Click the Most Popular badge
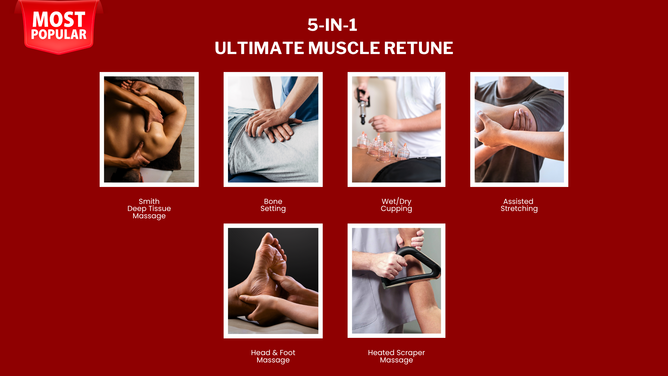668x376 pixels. coord(59,26)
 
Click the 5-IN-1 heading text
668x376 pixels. coord(332,25)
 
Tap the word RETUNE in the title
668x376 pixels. coord(419,48)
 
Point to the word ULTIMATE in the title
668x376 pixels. coord(259,48)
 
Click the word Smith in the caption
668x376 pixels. coord(149,201)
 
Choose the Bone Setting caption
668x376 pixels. coord(273,205)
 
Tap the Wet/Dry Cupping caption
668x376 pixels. coord(396,205)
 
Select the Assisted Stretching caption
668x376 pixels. coord(519,205)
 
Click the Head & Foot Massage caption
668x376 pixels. coord(273,356)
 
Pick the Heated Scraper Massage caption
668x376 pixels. coord(396,356)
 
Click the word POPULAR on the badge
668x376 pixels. coord(59,34)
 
